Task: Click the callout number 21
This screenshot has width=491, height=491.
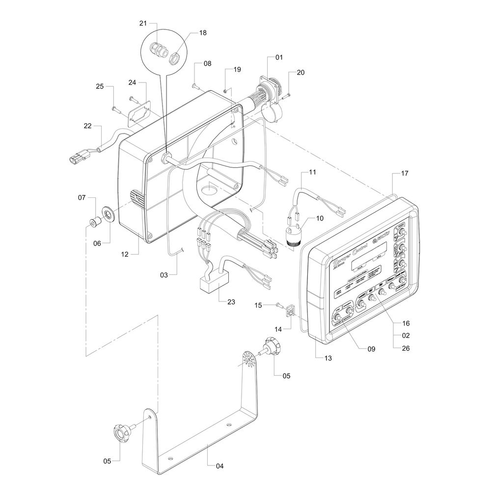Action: coord(143,24)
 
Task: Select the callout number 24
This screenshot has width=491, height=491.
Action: coord(132,82)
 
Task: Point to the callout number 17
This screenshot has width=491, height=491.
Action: coord(405,173)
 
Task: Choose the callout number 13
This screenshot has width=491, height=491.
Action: coord(327,358)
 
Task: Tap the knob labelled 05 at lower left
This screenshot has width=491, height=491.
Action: coord(120,433)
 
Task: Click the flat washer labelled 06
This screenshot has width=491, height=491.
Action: coord(107,214)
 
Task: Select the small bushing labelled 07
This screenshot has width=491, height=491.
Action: coord(93,222)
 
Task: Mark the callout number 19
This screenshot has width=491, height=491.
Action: coord(237,70)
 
